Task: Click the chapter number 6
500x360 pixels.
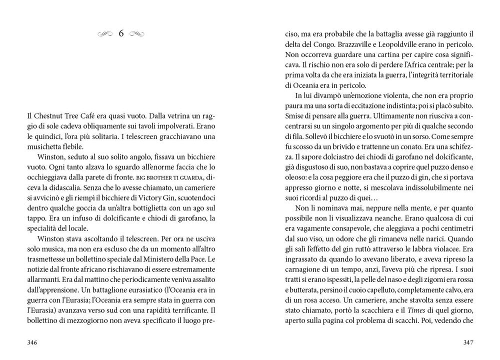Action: tap(121, 34)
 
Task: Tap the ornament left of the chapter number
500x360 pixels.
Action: tap(105, 34)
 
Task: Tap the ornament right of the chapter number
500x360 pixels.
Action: tap(137, 34)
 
